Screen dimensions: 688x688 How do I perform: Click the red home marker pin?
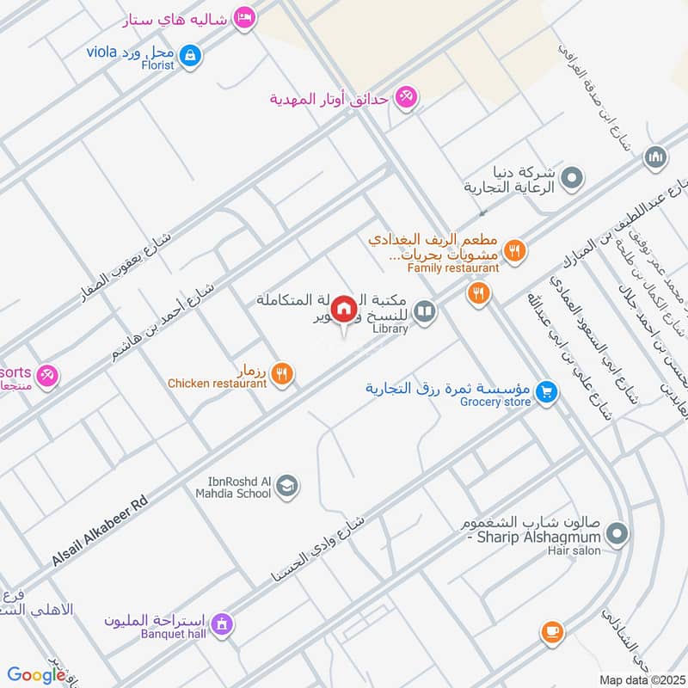[344, 308]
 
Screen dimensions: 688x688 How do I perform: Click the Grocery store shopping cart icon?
[544, 392]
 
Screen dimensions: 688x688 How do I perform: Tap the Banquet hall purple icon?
[223, 622]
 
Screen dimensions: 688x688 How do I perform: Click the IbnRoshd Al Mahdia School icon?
[288, 487]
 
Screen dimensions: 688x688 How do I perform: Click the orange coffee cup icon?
[552, 634]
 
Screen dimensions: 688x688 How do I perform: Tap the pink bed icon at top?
[244, 18]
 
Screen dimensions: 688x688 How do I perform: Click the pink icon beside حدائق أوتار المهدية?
[407, 98]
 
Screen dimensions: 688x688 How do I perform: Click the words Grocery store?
[492, 402]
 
